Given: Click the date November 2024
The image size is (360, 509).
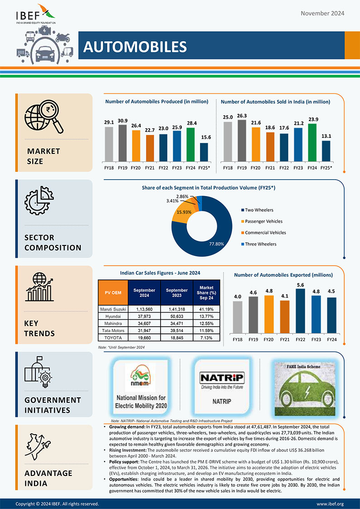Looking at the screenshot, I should point(322,13).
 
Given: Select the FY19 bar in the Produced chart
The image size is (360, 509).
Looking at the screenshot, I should point(122,143).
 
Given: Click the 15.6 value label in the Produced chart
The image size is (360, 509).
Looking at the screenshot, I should point(204,137).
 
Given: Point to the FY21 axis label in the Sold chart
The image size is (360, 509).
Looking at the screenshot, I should point(270,168).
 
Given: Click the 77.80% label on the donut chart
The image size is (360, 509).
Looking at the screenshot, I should point(216,244).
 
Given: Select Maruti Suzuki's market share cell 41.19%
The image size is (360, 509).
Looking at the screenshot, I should point(206,309).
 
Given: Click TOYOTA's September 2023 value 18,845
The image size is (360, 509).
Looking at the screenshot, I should point(177,338).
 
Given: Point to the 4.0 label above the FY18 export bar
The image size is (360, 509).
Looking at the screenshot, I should point(238,297).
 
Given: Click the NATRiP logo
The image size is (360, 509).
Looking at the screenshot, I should point(222,378).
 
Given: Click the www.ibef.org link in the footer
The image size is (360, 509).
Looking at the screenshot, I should point(330,504).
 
